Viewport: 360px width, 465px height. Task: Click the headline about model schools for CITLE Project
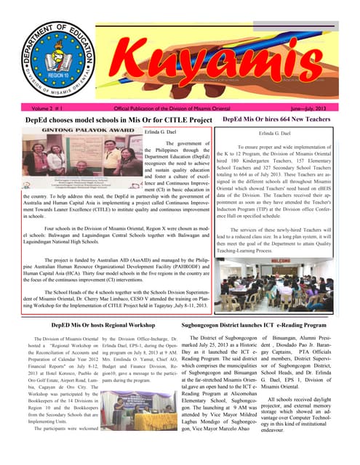108,119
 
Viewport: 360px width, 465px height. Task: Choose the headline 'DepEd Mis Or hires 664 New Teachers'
284,118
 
